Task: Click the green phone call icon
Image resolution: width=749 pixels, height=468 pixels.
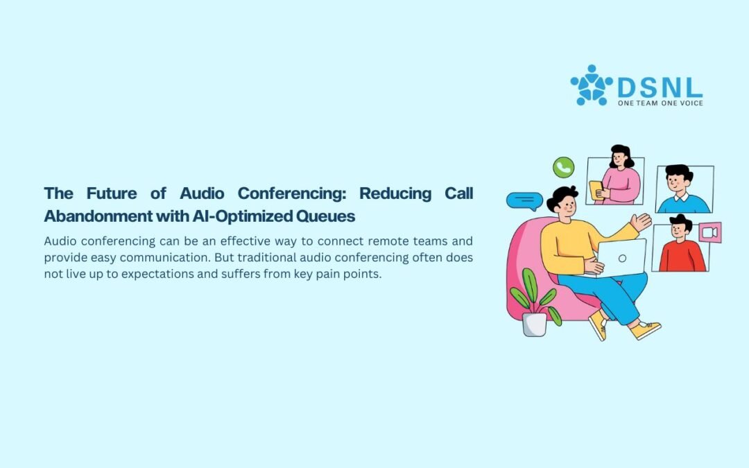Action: [563, 168]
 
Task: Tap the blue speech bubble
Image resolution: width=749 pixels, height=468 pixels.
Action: [524, 200]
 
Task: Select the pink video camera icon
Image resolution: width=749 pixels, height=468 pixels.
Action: [710, 232]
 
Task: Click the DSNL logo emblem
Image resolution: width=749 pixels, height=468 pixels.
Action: [592, 85]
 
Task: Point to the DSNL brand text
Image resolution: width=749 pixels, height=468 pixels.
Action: [660, 87]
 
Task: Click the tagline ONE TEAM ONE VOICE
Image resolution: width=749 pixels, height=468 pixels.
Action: [660, 103]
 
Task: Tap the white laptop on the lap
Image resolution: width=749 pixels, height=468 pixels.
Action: [621, 258]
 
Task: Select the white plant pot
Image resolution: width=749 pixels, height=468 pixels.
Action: [535, 324]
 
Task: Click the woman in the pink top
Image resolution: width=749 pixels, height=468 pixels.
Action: [617, 177]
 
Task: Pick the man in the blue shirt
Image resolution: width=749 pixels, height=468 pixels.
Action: [683, 190]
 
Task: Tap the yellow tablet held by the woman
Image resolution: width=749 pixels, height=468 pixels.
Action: [596, 190]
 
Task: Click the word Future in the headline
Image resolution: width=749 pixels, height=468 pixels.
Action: [111, 193]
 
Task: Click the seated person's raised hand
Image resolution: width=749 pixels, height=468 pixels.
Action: [641, 222]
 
